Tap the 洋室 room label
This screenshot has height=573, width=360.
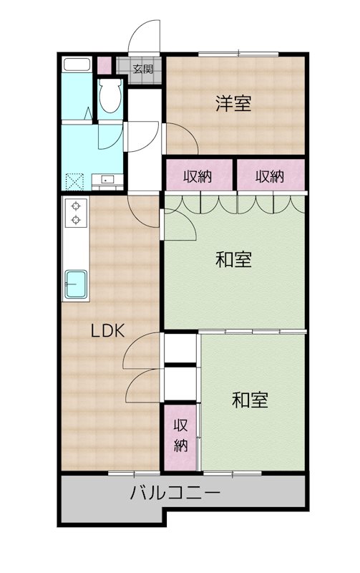[233, 103]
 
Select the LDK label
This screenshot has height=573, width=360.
[107, 330]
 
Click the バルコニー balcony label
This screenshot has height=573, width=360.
[175, 493]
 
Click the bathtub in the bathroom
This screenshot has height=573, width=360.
[77, 64]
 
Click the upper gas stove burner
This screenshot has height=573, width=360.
[76, 206]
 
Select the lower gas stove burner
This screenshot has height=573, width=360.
[76, 220]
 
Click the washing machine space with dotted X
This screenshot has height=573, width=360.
[74, 182]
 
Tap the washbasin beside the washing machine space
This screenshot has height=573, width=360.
[107, 181]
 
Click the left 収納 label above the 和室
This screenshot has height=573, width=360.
[198, 177]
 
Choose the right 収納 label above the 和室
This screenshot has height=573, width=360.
[269, 177]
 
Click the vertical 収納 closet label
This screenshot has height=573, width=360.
[180, 435]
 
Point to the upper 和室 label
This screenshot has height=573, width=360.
[233, 260]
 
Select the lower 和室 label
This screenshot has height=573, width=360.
[250, 400]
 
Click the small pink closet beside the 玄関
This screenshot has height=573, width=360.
[104, 65]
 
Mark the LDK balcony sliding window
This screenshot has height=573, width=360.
[134, 473]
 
